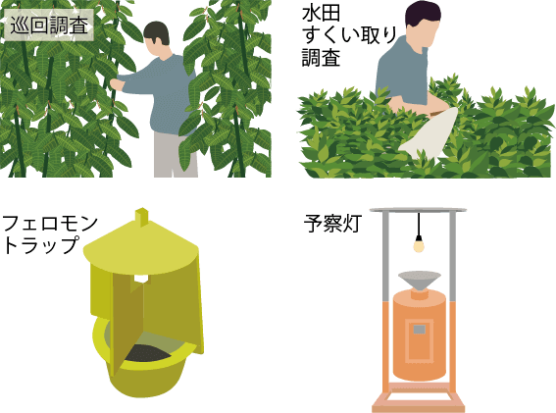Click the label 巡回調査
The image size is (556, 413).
tap(48, 25)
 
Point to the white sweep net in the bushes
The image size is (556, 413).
tap(431, 132)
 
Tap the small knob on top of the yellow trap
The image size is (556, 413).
tap(142, 217)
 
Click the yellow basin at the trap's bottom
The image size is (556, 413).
tap(147, 378)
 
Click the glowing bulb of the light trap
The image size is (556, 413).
tap(420, 245)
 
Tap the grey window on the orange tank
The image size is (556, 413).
tap(420, 330)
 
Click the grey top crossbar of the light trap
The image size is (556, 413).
tap(419, 210)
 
